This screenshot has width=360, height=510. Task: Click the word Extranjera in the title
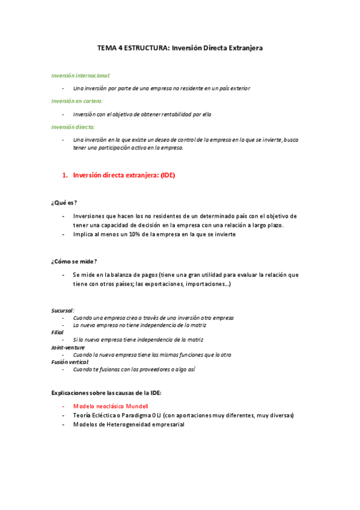[244, 47]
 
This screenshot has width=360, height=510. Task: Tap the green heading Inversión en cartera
[77, 101]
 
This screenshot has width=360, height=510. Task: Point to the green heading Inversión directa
[73, 127]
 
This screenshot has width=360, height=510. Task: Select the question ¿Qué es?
[64, 202]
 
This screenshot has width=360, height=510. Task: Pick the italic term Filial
[58, 332]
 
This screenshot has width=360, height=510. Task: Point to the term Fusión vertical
[71, 362]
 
